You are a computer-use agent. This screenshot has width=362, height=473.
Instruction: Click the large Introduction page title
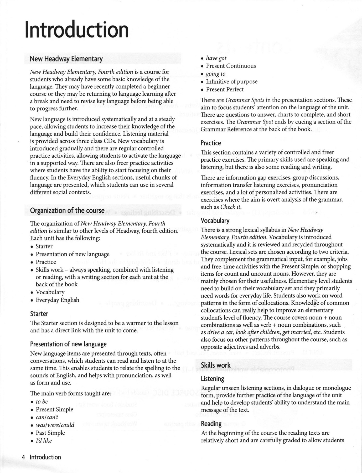tap(77, 30)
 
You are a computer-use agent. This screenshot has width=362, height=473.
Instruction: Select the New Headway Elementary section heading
tap(66, 59)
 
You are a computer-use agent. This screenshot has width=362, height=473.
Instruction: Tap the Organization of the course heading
tap(67, 210)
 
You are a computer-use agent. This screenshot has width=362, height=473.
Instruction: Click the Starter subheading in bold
tap(39, 314)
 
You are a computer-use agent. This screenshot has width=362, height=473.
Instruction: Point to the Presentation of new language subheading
tap(68, 344)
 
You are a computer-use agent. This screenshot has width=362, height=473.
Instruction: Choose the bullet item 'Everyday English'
tap(57, 300)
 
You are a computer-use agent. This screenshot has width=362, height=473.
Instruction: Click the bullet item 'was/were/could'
tap(55, 425)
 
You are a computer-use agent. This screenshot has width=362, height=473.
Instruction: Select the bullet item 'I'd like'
tap(44, 441)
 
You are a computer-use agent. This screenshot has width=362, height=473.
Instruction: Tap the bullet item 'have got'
tap(216, 58)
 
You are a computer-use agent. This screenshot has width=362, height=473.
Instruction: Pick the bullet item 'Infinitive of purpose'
tap(231, 81)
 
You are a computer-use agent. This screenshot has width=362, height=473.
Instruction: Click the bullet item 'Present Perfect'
tap(225, 89)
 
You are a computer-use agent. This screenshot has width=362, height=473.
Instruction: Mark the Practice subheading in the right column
tap(211, 143)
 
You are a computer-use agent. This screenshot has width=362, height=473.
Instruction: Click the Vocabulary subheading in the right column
tap(215, 221)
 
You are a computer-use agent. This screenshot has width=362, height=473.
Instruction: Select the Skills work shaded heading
tap(215, 365)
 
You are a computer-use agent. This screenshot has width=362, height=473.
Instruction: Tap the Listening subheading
tap(212, 379)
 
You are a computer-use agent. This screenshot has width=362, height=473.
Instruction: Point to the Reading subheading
tap(211, 424)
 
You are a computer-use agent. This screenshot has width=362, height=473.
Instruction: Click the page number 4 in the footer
tap(23, 457)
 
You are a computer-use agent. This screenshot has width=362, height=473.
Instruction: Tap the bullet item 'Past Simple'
tap(50, 433)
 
